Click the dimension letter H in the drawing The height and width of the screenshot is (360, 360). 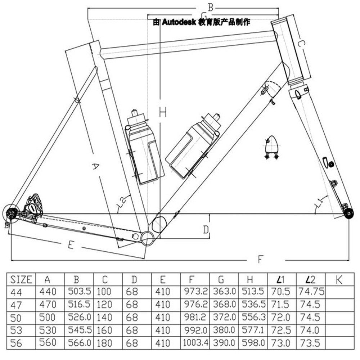pyautogui.click(x=163, y=112)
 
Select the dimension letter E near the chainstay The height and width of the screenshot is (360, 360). pyautogui.click(x=71, y=246)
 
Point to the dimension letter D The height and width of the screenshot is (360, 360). pyautogui.click(x=206, y=229)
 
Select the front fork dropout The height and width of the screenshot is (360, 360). pyautogui.click(x=348, y=214)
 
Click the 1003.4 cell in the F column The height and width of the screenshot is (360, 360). pyautogui.click(x=195, y=342)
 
